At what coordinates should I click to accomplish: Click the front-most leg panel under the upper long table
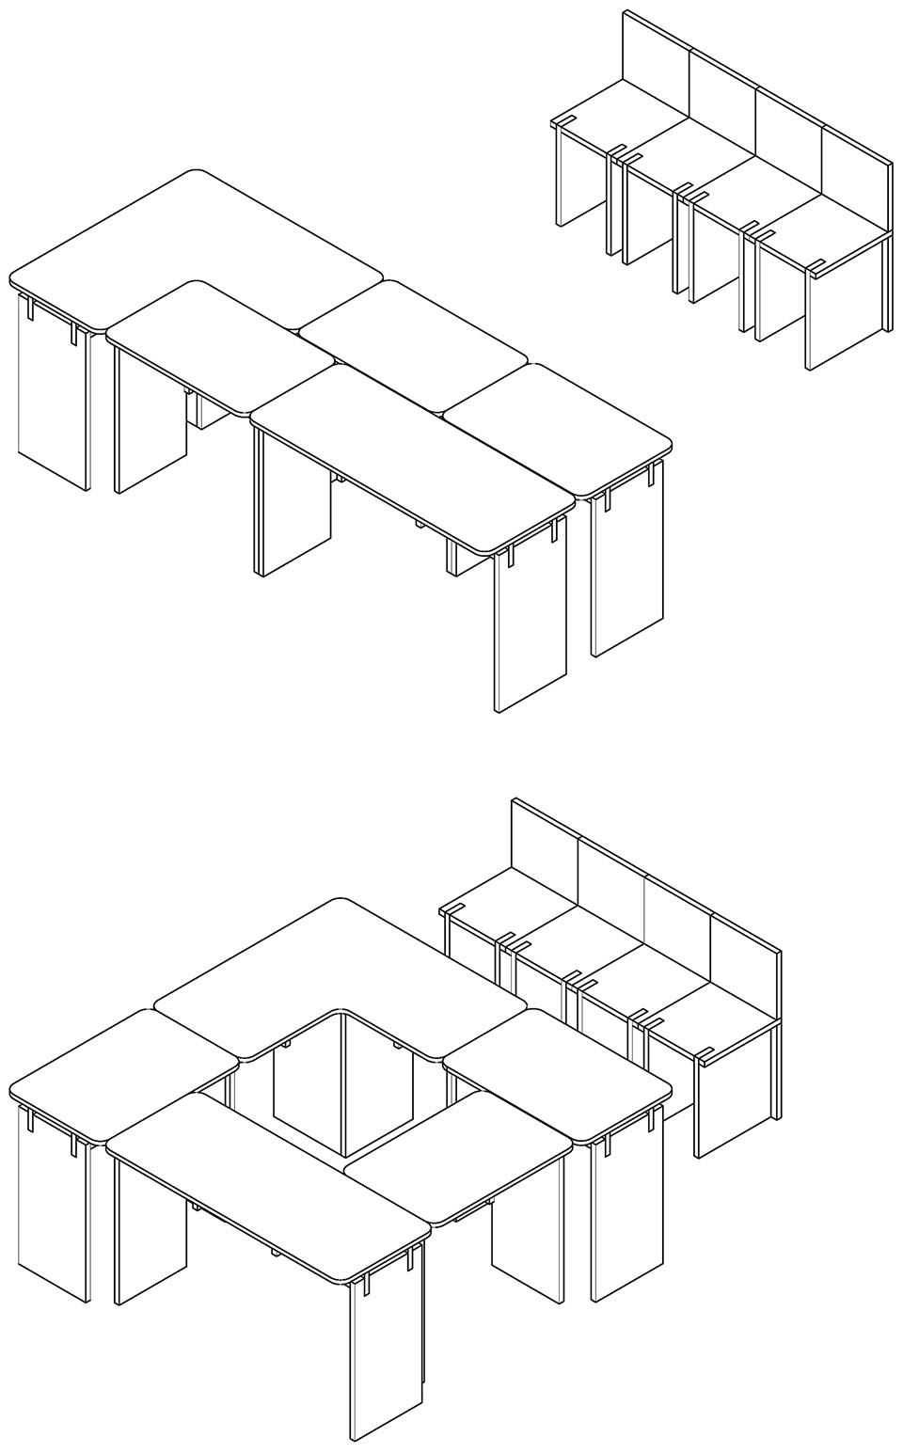[530, 630]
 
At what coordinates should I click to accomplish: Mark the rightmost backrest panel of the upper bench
[855, 179]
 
